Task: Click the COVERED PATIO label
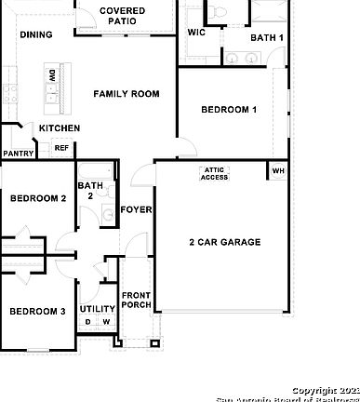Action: (x=122, y=16)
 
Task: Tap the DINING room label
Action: (x=36, y=34)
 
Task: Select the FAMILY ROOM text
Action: (x=126, y=94)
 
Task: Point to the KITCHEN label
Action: (x=59, y=128)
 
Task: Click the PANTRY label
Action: (x=19, y=154)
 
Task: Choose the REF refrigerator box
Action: (x=61, y=148)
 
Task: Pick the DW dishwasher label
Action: (x=52, y=74)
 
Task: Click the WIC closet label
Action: (x=196, y=33)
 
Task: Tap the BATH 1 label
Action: (x=267, y=37)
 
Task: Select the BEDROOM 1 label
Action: (x=229, y=110)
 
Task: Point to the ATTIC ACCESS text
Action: (x=214, y=173)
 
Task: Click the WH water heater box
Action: (x=277, y=170)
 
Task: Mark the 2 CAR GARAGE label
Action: (x=225, y=242)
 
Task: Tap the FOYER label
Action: (x=137, y=210)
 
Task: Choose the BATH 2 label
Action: (x=90, y=191)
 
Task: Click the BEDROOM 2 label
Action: (x=37, y=198)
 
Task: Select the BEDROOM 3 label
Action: (x=37, y=311)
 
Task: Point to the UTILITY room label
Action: (x=98, y=309)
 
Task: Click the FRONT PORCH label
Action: (x=137, y=300)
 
